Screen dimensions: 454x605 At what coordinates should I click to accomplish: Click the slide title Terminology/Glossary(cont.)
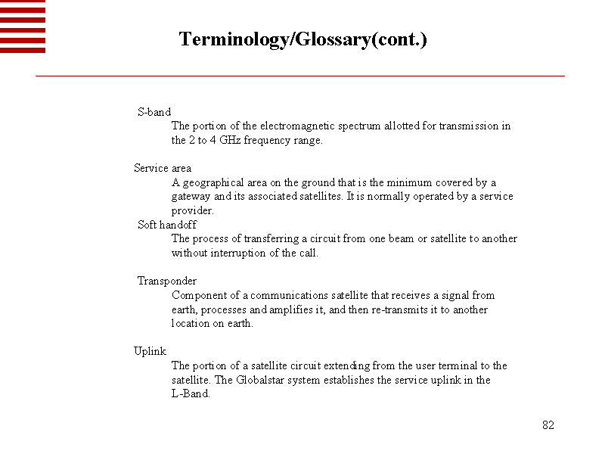click(302, 39)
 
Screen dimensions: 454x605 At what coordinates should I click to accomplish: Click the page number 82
click(548, 425)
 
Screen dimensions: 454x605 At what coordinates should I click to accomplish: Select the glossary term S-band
click(154, 112)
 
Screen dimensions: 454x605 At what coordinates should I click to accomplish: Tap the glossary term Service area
click(163, 168)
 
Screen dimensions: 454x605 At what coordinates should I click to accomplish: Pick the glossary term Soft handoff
click(167, 225)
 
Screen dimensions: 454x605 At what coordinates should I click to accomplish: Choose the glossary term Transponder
click(167, 281)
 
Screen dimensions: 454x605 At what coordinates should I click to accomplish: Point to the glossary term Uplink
click(150, 351)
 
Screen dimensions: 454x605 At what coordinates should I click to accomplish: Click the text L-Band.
click(191, 393)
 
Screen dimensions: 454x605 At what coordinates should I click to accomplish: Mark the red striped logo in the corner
click(23, 26)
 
